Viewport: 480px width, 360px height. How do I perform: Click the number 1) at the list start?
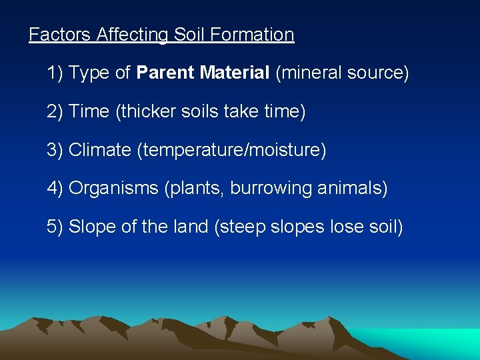pyautogui.click(x=55, y=73)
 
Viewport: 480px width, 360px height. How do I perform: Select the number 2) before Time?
pyautogui.click(x=55, y=112)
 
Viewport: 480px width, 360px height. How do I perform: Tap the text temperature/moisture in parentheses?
pyautogui.click(x=231, y=151)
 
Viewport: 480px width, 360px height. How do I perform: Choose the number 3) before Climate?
pyautogui.click(x=55, y=150)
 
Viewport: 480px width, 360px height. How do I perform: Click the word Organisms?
pyautogui.click(x=113, y=189)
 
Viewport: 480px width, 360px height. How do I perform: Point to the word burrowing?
pyautogui.click(x=271, y=189)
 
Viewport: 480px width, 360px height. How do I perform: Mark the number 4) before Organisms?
pyautogui.click(x=55, y=189)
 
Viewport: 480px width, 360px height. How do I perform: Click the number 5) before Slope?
pyautogui.click(x=55, y=227)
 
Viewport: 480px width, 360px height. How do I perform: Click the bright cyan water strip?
pyautogui.click(x=433, y=340)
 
